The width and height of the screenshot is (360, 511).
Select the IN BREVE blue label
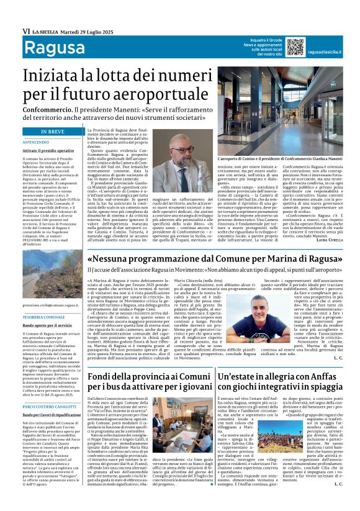click(52, 132)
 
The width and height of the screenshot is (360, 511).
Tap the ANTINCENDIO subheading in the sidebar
click(35, 142)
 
